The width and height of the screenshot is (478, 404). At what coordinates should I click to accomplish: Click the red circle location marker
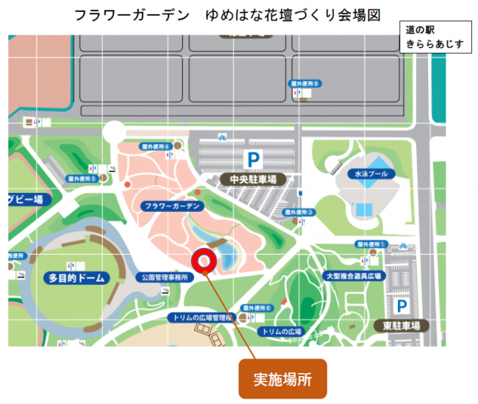pyautogui.click(x=203, y=260)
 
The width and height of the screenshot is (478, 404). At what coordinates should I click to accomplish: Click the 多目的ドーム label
pyautogui.click(x=76, y=278)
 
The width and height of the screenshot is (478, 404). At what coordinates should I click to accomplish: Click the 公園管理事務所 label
pyautogui.click(x=165, y=278)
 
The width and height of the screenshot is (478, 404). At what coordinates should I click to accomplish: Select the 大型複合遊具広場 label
pyautogui.click(x=354, y=276)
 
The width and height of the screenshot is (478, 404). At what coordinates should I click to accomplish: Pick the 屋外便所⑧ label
pyautogui.click(x=304, y=85)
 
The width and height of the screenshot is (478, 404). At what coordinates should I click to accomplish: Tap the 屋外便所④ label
pyautogui.click(x=156, y=147)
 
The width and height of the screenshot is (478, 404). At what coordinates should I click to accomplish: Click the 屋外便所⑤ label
pyautogui.click(x=82, y=178)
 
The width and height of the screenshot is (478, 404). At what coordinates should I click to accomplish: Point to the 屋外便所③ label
pyautogui.click(x=299, y=212)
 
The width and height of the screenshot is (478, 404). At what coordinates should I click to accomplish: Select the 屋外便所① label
pyautogui.click(x=371, y=244)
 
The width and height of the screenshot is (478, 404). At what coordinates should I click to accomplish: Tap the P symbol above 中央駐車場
pyautogui.click(x=253, y=158)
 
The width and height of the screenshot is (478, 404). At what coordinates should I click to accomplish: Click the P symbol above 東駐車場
pyautogui.click(x=402, y=305)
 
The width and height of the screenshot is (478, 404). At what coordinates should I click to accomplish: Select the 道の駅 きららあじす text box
pyautogui.click(x=434, y=38)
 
